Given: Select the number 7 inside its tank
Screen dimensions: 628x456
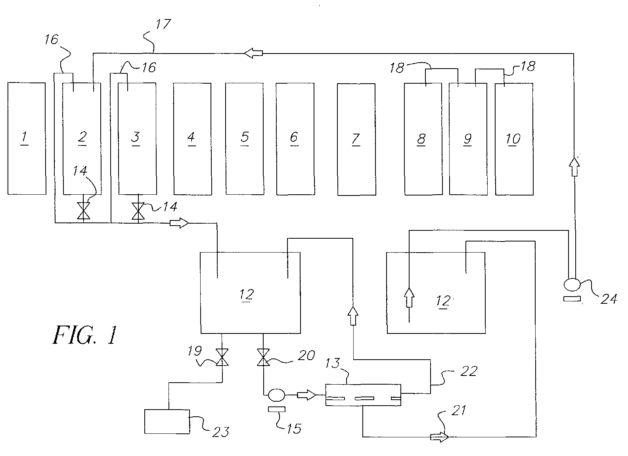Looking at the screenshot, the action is (x=356, y=139).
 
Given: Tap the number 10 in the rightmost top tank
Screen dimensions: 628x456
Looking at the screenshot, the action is (x=513, y=139).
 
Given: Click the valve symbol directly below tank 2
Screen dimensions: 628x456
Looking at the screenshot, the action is (x=84, y=211).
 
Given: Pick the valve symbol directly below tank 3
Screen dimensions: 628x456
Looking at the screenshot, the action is (x=138, y=211).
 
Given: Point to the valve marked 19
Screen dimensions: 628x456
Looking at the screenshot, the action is (x=222, y=357).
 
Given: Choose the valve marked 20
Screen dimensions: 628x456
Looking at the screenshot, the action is (x=263, y=357).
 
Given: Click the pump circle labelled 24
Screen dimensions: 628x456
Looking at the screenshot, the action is (x=572, y=284).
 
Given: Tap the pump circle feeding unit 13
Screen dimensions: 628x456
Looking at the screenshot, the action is (x=276, y=395).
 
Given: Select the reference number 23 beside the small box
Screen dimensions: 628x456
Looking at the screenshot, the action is (x=221, y=432).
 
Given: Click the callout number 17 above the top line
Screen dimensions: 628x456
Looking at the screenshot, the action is (x=163, y=24).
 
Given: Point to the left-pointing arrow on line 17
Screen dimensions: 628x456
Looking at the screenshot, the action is (x=253, y=53).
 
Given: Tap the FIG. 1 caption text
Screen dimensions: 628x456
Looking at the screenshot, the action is (x=85, y=335).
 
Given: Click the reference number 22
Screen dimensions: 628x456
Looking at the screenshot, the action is (x=469, y=371).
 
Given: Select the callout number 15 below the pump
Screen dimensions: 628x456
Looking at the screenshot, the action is (x=294, y=429).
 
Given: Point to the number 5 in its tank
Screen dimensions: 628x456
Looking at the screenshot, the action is (x=245, y=137).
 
